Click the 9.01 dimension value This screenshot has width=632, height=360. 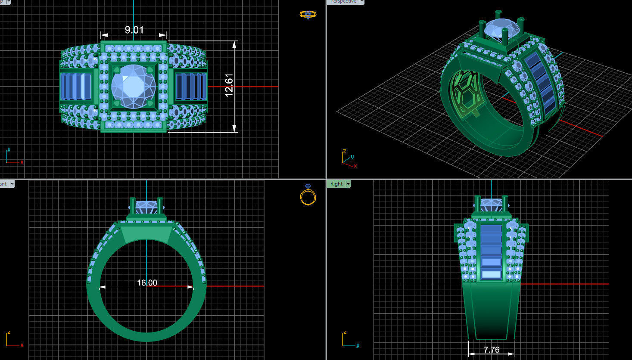[x=134, y=30]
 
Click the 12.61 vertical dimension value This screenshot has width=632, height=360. [x=229, y=85]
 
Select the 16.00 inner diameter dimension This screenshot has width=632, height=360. [x=147, y=282]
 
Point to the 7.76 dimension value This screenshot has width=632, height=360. [x=491, y=350]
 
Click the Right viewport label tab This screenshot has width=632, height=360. [x=336, y=184]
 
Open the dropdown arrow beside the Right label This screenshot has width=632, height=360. [x=348, y=184]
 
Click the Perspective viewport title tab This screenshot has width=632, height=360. [x=343, y=2]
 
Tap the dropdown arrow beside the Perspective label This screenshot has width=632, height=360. [x=362, y=2]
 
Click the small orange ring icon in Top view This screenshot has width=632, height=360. [x=308, y=15]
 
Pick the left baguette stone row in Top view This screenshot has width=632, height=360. [x=76, y=86]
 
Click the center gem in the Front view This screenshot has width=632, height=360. [x=146, y=206]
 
